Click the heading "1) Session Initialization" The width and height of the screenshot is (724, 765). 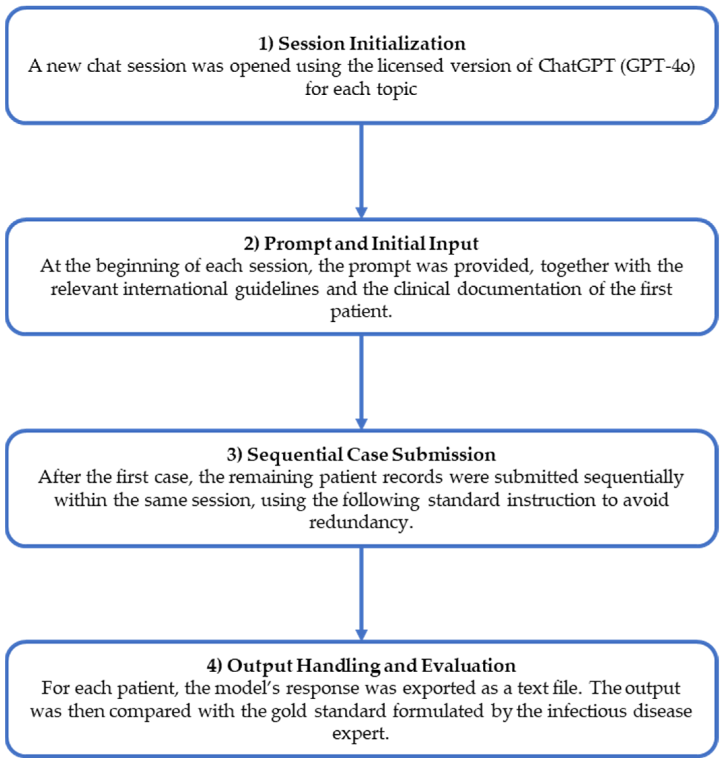click(362, 43)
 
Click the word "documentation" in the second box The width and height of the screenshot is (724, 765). click(519, 289)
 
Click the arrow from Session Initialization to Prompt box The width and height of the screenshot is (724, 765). click(361, 170)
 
